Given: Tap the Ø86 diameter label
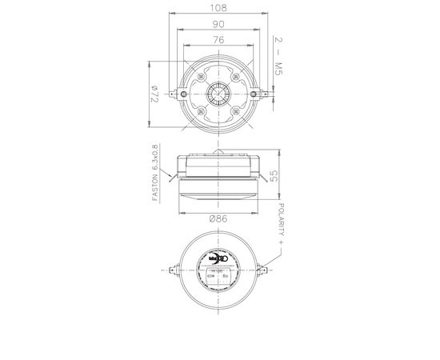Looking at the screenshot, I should pos(219,218).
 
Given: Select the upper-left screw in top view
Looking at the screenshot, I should pos(202,78).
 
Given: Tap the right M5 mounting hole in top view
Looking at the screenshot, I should pos(254,94).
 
